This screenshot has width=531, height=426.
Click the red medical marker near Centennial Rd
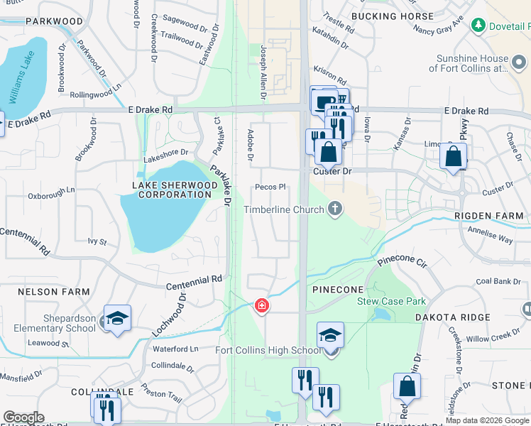pyautogui.click(x=262, y=305)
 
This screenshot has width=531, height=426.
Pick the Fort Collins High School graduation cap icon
pyautogui.click(x=330, y=335)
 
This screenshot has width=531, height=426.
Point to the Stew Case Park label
pyautogui.click(x=391, y=301)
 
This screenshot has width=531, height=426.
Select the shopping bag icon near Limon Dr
pyautogui.click(x=453, y=155)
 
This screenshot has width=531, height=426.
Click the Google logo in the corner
pyautogui.click(x=24, y=417)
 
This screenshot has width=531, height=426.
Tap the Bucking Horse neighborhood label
pyautogui.click(x=392, y=16)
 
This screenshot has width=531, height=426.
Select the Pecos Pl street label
pyautogui.click(x=270, y=187)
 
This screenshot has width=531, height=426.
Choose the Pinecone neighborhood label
pyautogui.click(x=338, y=290)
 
